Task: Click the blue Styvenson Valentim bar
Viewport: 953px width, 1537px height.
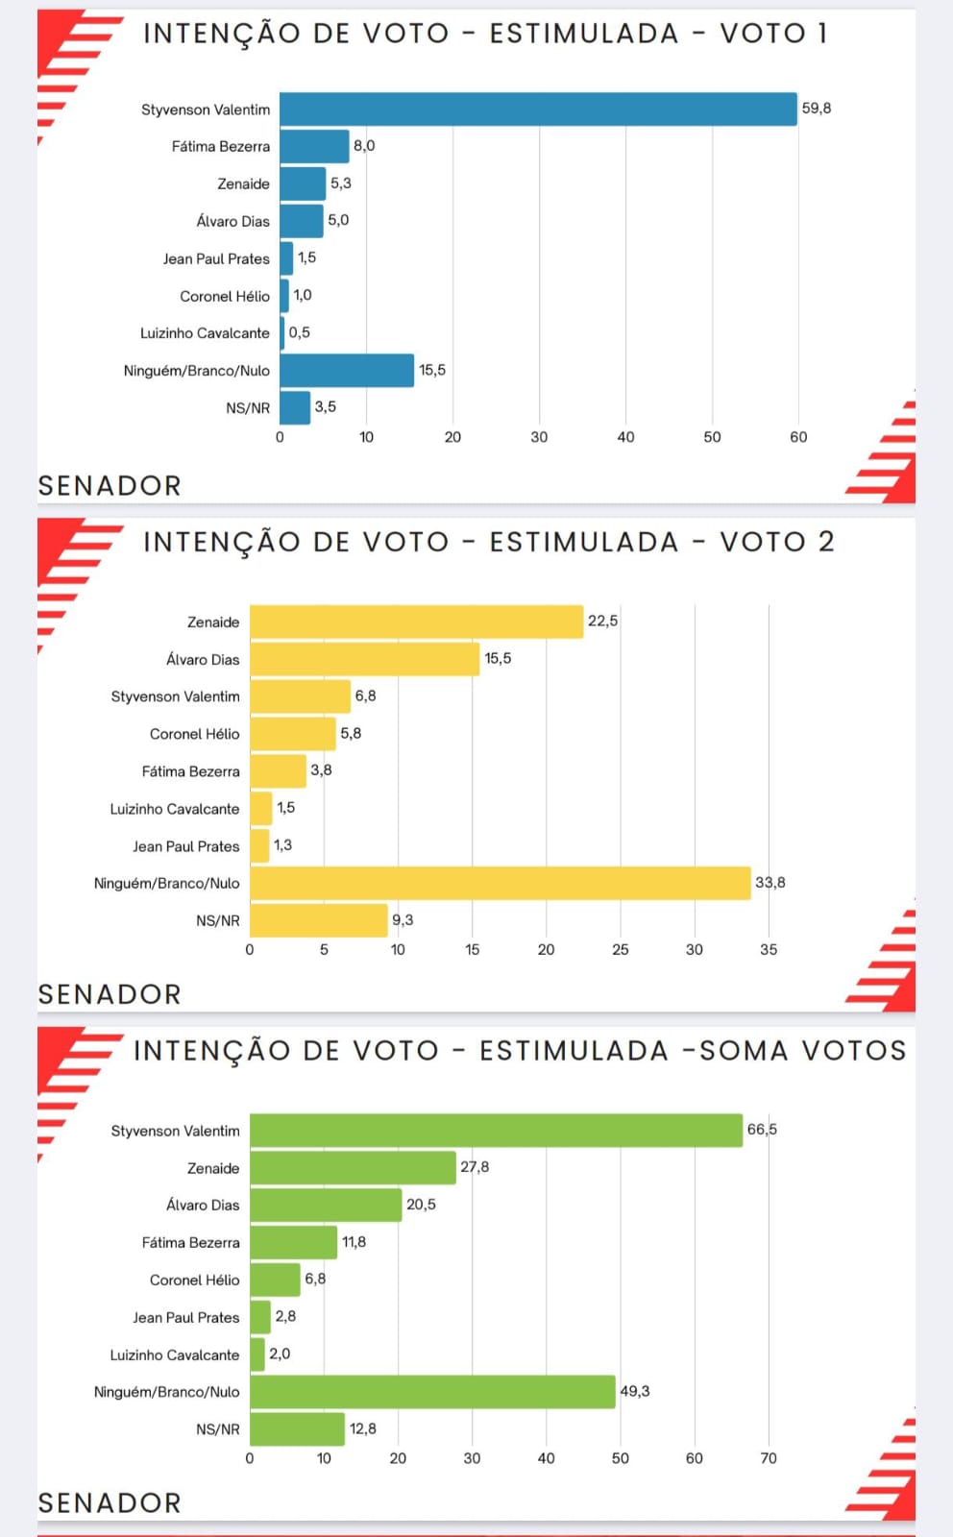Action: (538, 110)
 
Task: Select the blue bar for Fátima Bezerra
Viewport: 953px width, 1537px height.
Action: (314, 146)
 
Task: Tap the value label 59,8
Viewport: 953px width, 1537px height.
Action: (817, 109)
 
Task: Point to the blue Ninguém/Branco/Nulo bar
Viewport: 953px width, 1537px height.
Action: (347, 371)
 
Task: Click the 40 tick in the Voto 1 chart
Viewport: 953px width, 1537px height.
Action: (625, 437)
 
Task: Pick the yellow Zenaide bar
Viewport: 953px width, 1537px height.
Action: (416, 622)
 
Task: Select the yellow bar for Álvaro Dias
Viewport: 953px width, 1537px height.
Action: (364, 659)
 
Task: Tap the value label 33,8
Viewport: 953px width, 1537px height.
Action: (770, 883)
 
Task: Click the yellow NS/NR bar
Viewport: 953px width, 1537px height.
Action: (318, 920)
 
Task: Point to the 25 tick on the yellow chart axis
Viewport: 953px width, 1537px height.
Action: (621, 950)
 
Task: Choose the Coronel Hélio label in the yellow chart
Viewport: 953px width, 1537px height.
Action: (194, 734)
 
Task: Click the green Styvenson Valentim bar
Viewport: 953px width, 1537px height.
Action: (496, 1131)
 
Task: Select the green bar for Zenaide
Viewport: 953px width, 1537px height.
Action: (353, 1168)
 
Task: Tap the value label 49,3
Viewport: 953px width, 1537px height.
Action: (635, 1392)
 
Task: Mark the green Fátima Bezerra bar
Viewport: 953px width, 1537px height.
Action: (293, 1242)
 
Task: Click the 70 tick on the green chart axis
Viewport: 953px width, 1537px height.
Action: (769, 1458)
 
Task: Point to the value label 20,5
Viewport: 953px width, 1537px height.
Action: (421, 1205)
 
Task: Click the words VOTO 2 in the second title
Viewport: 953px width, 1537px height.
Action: (777, 542)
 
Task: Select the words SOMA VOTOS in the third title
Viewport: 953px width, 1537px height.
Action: (802, 1051)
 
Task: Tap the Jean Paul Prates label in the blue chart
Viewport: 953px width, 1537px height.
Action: (216, 258)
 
